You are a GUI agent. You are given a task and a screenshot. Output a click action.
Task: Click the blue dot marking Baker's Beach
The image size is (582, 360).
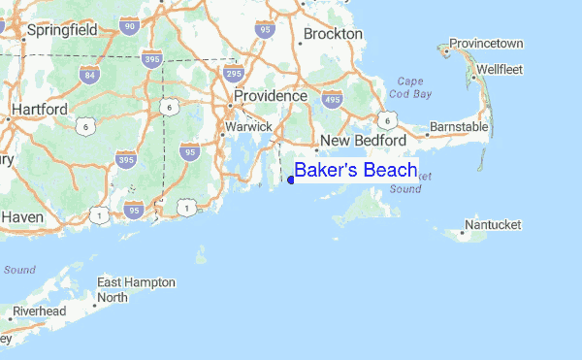point(291,179)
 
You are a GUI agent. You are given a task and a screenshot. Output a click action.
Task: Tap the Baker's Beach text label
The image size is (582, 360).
point(356,171)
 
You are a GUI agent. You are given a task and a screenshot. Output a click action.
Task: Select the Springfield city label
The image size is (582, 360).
point(63,30)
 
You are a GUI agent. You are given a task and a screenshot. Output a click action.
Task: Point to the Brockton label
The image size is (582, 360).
point(332,34)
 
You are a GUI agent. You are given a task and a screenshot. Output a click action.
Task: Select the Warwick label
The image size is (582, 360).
point(248,126)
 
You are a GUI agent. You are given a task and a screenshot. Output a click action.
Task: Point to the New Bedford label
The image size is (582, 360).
point(364,141)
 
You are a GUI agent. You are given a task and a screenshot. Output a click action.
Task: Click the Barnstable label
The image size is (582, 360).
point(459,127)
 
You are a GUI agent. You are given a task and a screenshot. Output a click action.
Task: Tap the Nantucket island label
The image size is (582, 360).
point(493,225)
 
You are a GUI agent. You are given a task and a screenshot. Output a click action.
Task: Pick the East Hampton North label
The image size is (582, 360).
point(136,289)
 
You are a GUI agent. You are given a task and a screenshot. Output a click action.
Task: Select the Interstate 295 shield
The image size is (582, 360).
point(231,74)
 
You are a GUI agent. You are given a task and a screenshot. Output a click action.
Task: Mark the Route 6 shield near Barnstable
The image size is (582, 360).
point(387,119)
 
